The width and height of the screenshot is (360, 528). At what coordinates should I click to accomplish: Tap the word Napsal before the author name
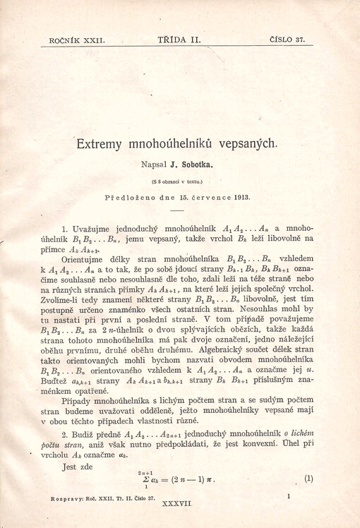[x=160, y=165]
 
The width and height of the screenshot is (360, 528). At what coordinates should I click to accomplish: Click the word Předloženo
[x=129, y=194]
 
